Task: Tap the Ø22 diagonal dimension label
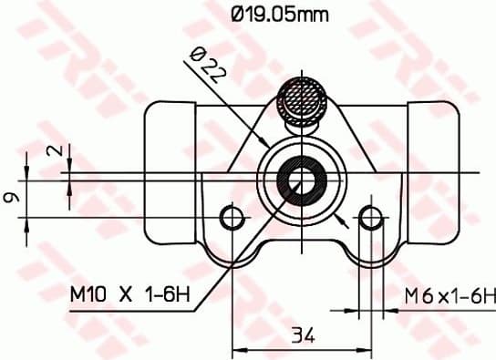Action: [205, 67]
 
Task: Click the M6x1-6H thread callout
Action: [450, 295]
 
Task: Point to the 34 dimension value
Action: [303, 336]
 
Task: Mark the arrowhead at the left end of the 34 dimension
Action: [240, 348]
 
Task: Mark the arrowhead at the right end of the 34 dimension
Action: [364, 348]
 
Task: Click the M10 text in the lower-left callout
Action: [88, 294]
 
